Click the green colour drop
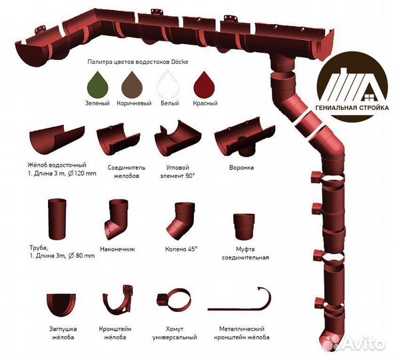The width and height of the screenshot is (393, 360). coord(98,85)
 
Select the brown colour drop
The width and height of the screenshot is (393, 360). coord(132,85)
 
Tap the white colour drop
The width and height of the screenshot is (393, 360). coord(168,85)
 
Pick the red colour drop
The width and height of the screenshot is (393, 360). coord(204,85)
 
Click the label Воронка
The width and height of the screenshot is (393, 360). coord(241,167)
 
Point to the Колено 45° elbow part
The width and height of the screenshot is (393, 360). coord(181,221)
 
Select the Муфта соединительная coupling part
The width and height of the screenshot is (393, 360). coord(244,227)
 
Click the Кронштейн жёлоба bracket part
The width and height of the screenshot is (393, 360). coord(119,302)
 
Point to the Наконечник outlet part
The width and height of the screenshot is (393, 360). coord(117,220)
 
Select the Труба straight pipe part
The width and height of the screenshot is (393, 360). coord(57,219)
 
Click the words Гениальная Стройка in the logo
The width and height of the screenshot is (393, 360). coord(352,108)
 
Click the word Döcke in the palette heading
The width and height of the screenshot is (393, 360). coord(180,62)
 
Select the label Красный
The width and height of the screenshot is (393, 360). coord(205,103)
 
